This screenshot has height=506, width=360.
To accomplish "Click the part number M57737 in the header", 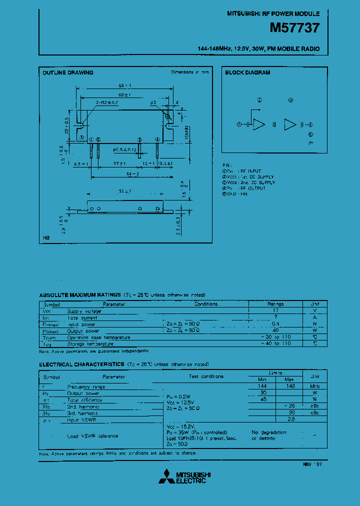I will point(294,28).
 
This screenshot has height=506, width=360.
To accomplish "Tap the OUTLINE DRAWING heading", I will point(68,73).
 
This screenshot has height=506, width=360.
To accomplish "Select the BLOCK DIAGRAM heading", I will point(247,73).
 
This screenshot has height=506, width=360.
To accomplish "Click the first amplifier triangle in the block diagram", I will point(258,125).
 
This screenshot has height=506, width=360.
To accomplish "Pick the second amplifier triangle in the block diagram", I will point(290,125).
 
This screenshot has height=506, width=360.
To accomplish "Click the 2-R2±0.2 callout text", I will point(106,102).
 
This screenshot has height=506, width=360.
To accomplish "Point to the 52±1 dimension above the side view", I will point(125,191).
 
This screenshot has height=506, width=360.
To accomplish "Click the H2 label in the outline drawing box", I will point(46,239).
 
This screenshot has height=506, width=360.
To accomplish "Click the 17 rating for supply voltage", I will point(275,310).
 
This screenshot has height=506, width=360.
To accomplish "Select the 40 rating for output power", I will point(275,330).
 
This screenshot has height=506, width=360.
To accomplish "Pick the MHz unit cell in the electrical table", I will point(315,386).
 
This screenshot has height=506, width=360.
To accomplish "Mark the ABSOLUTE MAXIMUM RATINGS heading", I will point(80,295).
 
